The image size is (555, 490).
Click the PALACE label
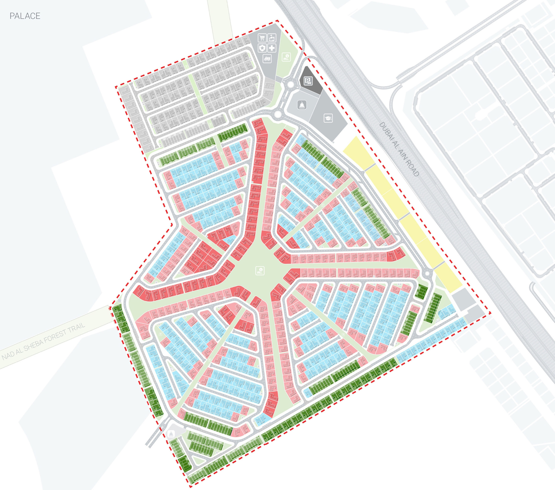click(25, 16)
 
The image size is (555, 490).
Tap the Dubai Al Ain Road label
click(399, 149)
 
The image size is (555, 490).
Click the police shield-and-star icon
click(262, 48)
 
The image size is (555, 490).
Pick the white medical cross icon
click(272, 48)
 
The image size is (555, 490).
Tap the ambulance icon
click(267, 58)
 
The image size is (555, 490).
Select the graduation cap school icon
click(328, 118)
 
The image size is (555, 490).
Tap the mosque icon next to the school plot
click(302, 105)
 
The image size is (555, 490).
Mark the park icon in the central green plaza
click(260, 270)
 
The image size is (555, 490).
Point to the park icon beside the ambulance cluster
click(286, 57)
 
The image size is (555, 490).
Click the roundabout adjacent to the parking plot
click(290, 85)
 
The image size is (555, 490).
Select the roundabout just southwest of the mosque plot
click(277, 114)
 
